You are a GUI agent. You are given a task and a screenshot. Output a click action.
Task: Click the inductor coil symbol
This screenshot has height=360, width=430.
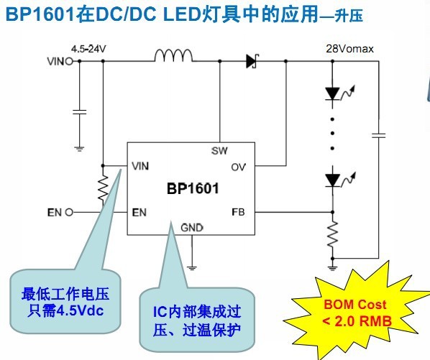(173, 55)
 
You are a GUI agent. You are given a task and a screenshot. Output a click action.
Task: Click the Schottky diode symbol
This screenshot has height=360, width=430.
(252, 61)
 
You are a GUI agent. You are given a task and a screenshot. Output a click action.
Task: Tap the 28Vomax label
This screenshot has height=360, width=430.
(349, 49)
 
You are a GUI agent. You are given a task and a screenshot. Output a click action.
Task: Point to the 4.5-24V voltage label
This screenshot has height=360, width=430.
(88, 49)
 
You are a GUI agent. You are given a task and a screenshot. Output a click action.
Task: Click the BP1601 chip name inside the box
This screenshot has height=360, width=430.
(193, 188)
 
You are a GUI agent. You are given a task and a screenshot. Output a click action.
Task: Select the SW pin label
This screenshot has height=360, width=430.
(219, 151)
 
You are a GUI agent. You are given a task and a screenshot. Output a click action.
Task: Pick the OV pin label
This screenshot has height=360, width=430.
(238, 167)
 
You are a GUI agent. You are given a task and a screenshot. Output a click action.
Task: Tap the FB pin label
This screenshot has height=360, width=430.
(238, 212)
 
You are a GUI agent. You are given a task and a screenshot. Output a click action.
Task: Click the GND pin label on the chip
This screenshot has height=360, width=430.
(192, 227)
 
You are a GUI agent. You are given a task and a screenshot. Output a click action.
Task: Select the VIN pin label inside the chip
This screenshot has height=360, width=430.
(140, 166)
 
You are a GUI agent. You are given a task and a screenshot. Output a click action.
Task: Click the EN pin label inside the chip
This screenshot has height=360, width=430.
(139, 212)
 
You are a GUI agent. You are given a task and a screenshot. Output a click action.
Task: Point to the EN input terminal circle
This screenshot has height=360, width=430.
(69, 212)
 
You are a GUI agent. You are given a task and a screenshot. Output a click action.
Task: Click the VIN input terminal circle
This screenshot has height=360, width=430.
(69, 61)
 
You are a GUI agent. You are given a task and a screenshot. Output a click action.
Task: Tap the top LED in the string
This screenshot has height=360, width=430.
(332, 93)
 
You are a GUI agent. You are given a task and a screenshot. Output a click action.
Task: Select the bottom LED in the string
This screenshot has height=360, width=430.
(333, 180)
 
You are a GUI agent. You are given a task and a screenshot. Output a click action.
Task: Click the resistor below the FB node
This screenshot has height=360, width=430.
(332, 234)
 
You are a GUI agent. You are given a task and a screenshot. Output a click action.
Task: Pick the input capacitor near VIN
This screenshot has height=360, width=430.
(80, 112)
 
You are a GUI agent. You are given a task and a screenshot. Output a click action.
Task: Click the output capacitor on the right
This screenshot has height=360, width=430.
(379, 135)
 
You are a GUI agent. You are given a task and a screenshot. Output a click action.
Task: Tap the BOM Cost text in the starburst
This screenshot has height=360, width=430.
(355, 305)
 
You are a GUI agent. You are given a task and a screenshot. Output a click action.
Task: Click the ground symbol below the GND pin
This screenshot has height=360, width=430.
(192, 268)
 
